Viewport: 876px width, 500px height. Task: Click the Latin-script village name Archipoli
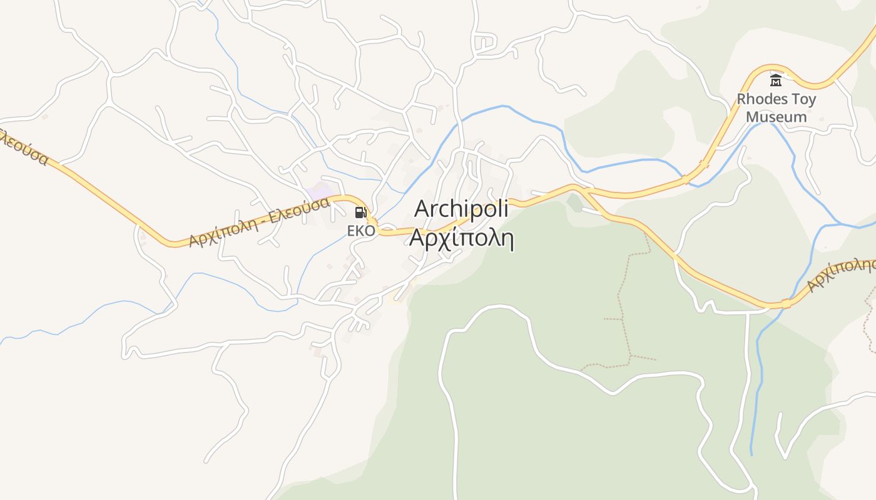click(461, 209)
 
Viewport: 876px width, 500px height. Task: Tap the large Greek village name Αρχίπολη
click(461, 238)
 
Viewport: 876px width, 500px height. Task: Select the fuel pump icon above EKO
click(360, 212)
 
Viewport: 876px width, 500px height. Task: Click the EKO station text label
click(361, 231)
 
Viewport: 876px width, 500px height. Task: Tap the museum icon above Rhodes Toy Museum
click(776, 81)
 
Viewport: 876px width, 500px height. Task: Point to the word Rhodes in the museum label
click(759, 99)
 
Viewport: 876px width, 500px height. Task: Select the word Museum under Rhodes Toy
click(776, 117)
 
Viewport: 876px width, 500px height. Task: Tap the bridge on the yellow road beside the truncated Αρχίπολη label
click(786, 304)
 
